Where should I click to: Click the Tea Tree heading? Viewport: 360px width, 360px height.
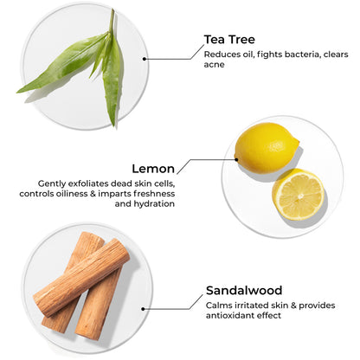click(229, 40)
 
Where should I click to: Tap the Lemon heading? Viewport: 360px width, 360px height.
click(153, 169)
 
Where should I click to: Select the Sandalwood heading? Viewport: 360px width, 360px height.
click(244, 291)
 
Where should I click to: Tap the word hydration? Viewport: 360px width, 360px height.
click(154, 203)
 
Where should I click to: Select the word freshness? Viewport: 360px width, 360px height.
click(154, 193)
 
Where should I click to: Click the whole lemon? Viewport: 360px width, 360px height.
click(267, 148)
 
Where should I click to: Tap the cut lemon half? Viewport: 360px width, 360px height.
click(299, 195)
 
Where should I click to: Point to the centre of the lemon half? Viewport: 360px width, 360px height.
click(300, 196)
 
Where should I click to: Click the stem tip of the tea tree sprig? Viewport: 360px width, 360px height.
click(112, 10)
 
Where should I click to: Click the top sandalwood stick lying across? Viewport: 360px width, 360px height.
click(81, 279)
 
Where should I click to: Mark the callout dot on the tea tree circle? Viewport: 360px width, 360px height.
click(145, 59)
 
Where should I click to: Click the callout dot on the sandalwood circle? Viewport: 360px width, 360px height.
click(143, 309)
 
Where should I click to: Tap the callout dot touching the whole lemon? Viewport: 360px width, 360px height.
click(236, 159)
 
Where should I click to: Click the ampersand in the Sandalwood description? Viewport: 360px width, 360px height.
click(293, 305)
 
